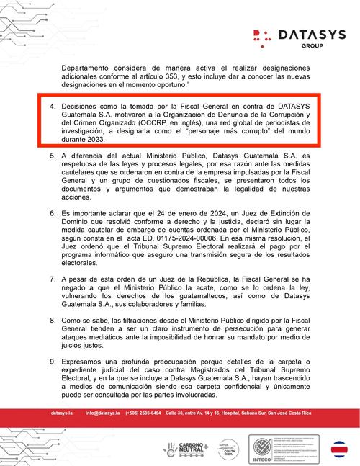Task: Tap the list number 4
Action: point(52,107)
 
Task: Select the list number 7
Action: point(52,279)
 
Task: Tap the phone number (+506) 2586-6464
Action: point(143,413)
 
